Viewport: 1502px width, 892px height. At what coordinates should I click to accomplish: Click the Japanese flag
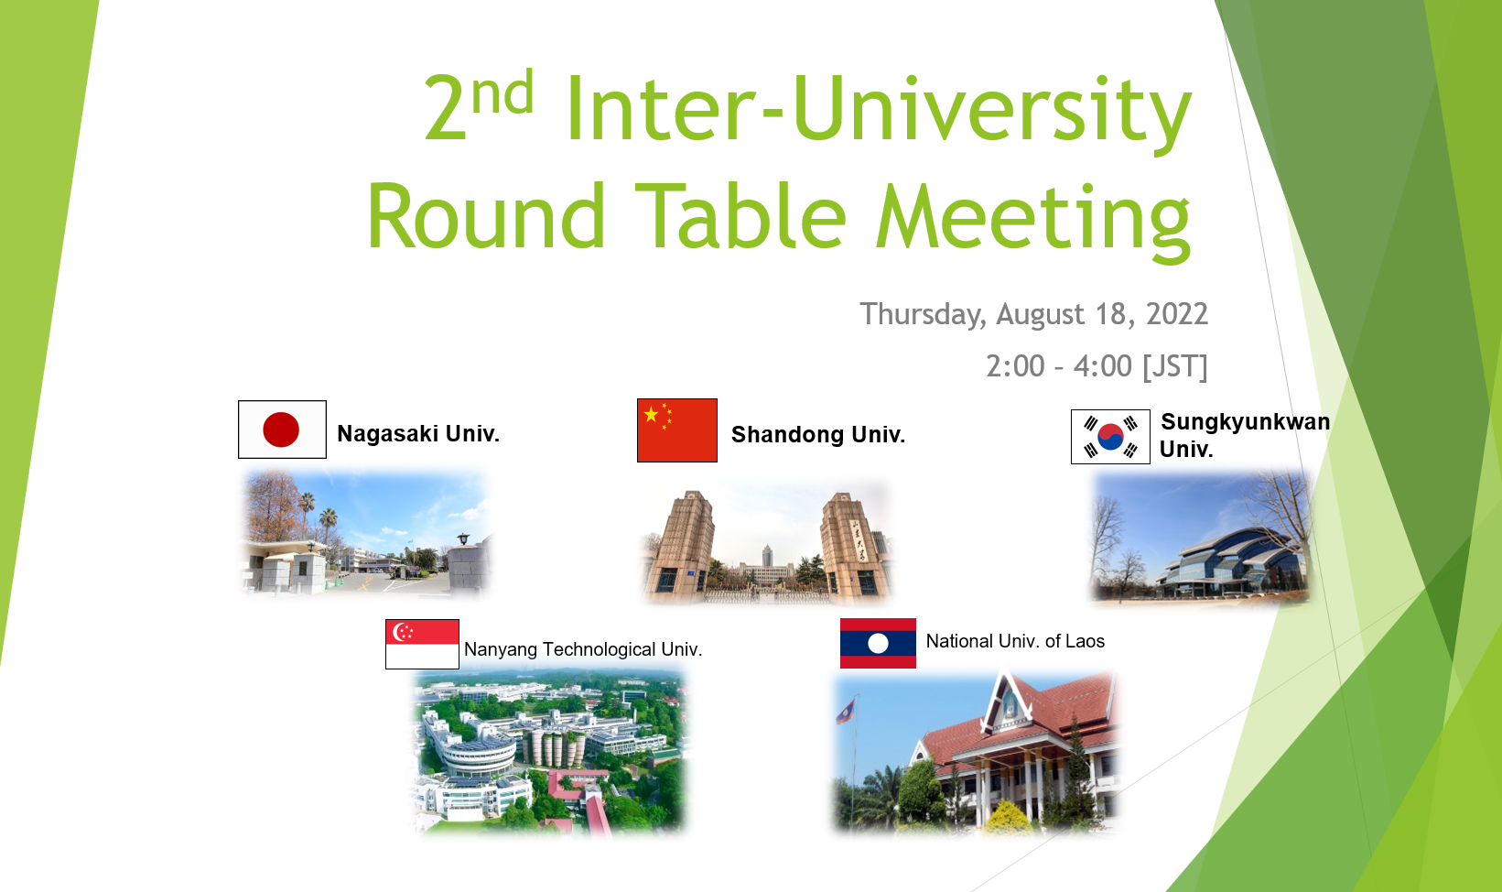[282, 430]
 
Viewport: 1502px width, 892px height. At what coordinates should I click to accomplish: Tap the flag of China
[677, 430]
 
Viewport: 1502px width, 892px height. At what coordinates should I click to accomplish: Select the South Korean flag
[1110, 437]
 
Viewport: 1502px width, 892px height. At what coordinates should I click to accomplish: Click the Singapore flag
[423, 644]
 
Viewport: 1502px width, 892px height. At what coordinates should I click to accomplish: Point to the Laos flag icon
[878, 643]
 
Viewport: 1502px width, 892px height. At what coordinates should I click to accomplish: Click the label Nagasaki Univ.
[418, 434]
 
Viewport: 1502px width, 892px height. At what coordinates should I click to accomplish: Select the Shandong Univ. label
[818, 435]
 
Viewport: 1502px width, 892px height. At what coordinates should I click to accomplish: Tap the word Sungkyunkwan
[1245, 422]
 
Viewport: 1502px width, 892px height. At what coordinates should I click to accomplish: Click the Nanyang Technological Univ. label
[583, 649]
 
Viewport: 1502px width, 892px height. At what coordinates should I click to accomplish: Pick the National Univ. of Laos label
[1015, 641]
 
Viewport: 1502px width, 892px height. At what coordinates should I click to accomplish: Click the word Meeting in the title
[1033, 219]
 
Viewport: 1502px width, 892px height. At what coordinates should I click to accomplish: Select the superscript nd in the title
[502, 92]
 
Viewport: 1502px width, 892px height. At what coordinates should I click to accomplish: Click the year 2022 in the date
[1177, 314]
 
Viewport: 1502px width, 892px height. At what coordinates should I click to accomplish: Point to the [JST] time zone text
[1174, 367]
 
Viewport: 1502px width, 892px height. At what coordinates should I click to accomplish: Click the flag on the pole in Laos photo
[847, 710]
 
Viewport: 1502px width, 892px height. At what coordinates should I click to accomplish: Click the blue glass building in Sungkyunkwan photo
[1230, 563]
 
